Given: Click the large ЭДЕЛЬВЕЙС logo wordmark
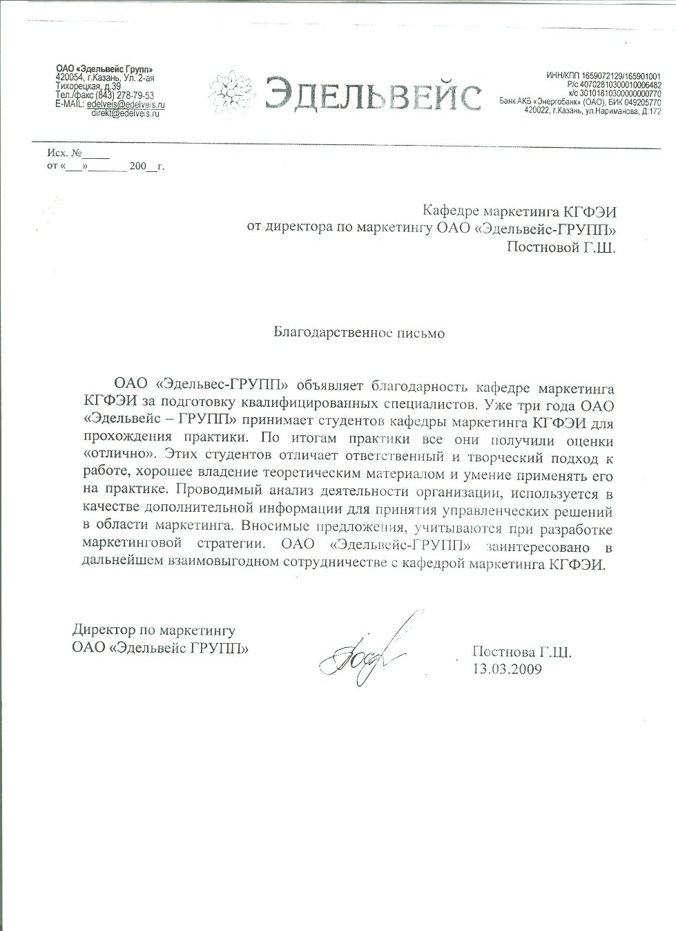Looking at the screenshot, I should tap(373, 95).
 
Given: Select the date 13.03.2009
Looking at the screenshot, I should tap(508, 669).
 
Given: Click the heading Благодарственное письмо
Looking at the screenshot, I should tap(359, 333).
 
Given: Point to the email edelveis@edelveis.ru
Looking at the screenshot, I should tap(126, 104).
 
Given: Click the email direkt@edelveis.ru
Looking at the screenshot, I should tap(125, 113).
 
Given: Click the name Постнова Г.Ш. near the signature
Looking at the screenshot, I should tap(522, 652).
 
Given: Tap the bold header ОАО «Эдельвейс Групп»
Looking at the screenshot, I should tap(104, 68).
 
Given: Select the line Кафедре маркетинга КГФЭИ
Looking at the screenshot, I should tap(518, 209).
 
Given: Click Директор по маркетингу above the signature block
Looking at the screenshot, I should tap(154, 631).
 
